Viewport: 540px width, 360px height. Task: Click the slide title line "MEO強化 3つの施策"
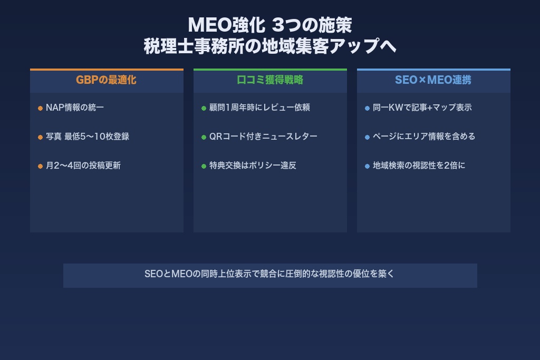pyautogui.click(x=269, y=25)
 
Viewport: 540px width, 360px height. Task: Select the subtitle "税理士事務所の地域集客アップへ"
pyautogui.click(x=269, y=46)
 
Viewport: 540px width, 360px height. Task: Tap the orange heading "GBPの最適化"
pyautogui.click(x=106, y=80)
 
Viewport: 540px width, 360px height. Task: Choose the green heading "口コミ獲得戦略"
pyautogui.click(x=269, y=80)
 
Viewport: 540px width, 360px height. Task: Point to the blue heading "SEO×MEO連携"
pyautogui.click(x=433, y=80)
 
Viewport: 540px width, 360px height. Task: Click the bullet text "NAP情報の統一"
pyautogui.click(x=75, y=108)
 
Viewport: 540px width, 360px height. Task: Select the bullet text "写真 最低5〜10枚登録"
pyautogui.click(x=88, y=137)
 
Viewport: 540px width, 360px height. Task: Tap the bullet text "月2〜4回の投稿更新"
pyautogui.click(x=83, y=166)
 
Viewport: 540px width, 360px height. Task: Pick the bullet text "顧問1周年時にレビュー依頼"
pyautogui.click(x=259, y=108)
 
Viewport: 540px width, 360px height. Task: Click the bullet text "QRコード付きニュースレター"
pyautogui.click(x=263, y=137)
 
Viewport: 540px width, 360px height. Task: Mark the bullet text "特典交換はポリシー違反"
pyautogui.click(x=253, y=166)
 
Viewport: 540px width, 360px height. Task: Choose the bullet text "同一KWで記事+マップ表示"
pyautogui.click(x=422, y=108)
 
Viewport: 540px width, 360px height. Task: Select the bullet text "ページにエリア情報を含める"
pyautogui.click(x=424, y=137)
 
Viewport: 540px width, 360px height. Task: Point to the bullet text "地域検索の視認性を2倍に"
pyautogui.click(x=419, y=166)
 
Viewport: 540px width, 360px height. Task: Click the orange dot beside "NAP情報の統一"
pyautogui.click(x=40, y=108)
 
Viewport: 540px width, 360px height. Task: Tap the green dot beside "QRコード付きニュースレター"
pyautogui.click(x=204, y=137)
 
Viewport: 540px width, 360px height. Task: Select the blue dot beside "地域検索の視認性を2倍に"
pyautogui.click(x=367, y=166)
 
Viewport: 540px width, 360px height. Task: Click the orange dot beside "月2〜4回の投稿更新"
pyautogui.click(x=40, y=166)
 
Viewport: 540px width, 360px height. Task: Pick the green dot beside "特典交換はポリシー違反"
pyautogui.click(x=204, y=166)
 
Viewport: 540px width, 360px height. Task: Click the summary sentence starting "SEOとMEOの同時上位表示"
pyautogui.click(x=269, y=274)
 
